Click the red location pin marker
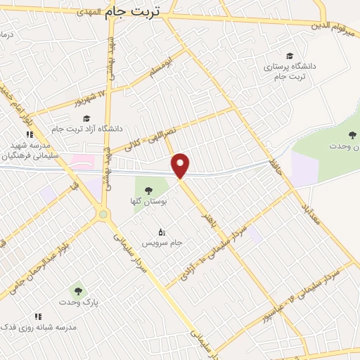[x=181, y=165]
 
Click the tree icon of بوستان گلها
[x=149, y=189]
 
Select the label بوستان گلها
[x=149, y=201]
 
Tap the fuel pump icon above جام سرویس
[x=161, y=231]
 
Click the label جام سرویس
[x=162, y=243]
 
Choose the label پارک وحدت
[x=78, y=302]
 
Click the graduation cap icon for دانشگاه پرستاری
[x=290, y=56]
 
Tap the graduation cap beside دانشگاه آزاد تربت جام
[x=86, y=118]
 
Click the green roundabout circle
[x=103, y=214]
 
